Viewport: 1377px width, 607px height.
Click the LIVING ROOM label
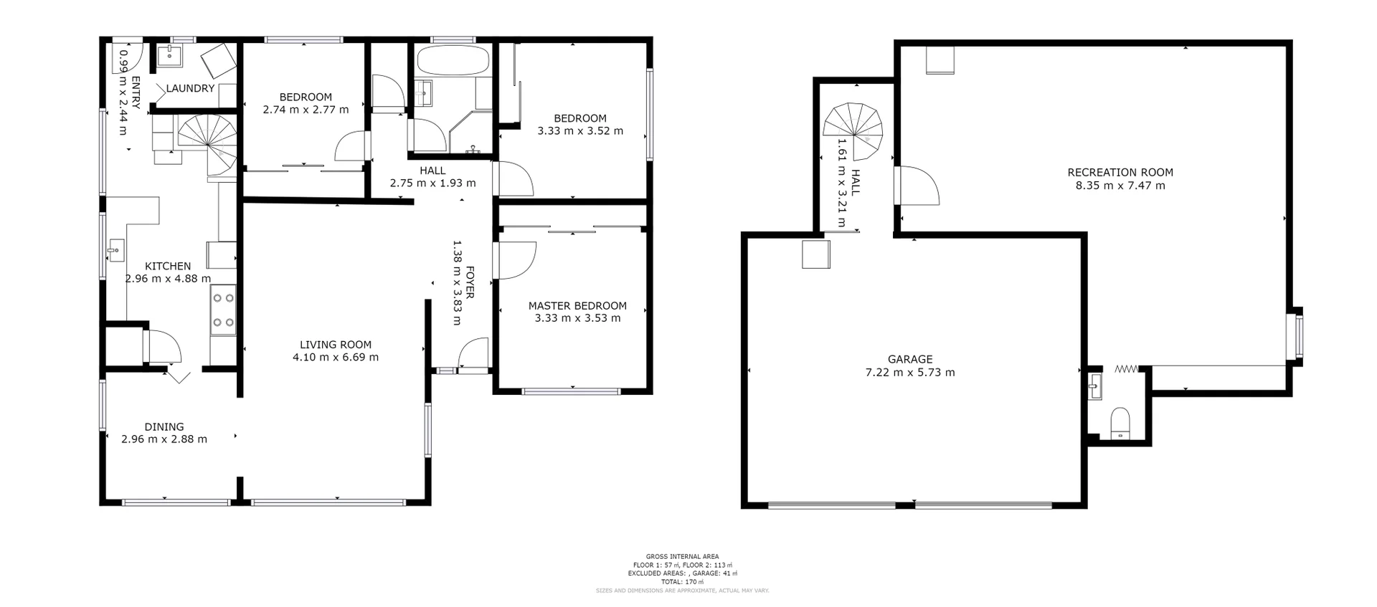[x=336, y=345]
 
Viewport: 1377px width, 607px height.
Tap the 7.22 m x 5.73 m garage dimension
[x=910, y=373]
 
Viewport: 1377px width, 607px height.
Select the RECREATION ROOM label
[x=1120, y=172]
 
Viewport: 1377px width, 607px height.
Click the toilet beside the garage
[x=1120, y=424]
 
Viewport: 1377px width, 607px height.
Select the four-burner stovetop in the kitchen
[x=223, y=310]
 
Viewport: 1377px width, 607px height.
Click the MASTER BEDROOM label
[x=577, y=306]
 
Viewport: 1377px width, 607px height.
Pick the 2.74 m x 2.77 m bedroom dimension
[x=306, y=110]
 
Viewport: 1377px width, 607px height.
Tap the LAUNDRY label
[x=190, y=89]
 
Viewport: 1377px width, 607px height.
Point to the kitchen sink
[x=115, y=252]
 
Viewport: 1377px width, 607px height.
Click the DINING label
[x=164, y=427]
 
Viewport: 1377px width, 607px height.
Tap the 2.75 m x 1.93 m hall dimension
[x=432, y=183]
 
